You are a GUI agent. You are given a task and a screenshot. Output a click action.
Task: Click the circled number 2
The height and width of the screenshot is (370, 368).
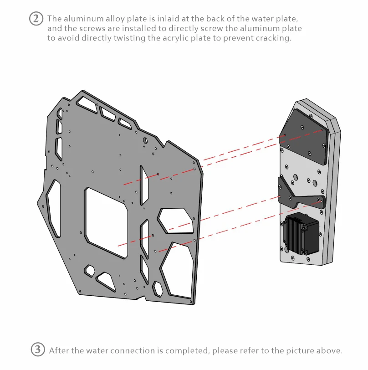coord(36,19)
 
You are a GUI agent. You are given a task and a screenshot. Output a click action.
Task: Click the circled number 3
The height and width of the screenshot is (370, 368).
coord(38,350)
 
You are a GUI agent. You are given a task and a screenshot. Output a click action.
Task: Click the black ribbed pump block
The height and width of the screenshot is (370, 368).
coord(301,234)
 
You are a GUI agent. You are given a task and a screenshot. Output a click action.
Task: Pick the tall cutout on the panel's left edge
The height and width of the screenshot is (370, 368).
coord(54,207)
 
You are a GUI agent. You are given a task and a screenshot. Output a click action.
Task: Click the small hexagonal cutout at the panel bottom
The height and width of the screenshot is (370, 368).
coord(158,288)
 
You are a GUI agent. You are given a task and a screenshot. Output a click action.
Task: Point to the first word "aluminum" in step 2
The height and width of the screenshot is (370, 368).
coord(81,19)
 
